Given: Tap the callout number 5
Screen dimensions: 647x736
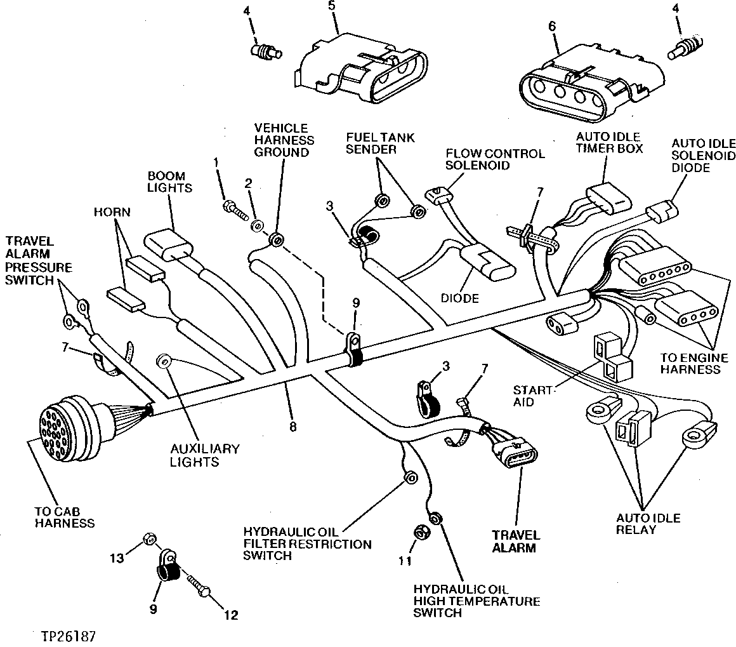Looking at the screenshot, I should pos(331,6).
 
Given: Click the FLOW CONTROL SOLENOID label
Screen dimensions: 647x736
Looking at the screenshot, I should pos(495,159).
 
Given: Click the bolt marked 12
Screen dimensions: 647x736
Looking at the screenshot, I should pos(197,584).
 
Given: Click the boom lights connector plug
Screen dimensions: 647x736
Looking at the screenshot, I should pos(168,246).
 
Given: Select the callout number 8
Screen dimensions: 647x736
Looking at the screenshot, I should pos(292,427).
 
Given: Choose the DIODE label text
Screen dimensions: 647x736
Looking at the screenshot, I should pos(461,298).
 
